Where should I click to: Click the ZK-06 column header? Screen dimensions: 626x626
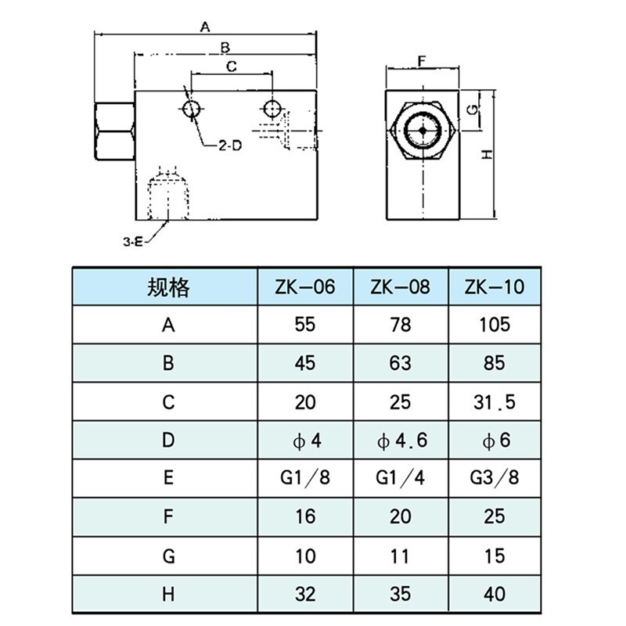[305, 286]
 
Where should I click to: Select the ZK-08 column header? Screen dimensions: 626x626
[401, 286]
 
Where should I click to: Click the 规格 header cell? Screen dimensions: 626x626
[167, 287]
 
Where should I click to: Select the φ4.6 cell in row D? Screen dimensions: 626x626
[401, 441]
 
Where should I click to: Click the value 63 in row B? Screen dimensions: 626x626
[401, 363]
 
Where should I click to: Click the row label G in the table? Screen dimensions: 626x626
[167, 556]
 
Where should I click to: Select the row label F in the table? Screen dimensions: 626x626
[167, 517]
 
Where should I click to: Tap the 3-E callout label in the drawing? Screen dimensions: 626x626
[133, 243]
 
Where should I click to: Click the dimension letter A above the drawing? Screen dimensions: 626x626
[205, 27]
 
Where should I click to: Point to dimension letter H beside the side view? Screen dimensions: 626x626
[486, 155]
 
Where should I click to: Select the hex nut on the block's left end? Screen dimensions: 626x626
[114, 131]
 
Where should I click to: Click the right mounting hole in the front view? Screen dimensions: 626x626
[272, 107]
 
